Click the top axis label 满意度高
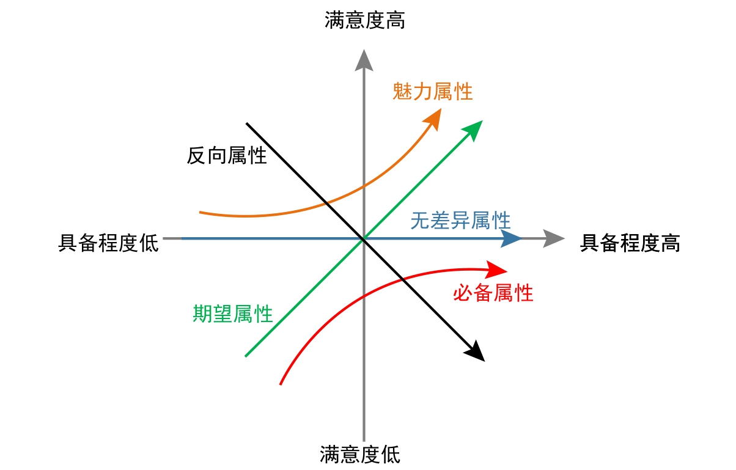coord(364,21)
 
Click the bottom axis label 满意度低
coord(360,455)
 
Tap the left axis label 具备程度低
coord(108,243)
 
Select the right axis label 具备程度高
coord(630,243)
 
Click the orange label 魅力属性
coord(433,92)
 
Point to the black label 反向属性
coord(227,155)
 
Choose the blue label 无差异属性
coord(460,220)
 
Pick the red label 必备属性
coord(493,293)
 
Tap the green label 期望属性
coord(233,314)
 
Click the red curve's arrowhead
coord(498,269)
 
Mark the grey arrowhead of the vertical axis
coord(364,60)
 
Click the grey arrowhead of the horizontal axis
coord(553,238)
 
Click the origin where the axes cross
coord(364,238)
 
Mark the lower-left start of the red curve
coord(280,384)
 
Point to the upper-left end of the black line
coord(247,123)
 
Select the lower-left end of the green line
coord(246,356)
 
